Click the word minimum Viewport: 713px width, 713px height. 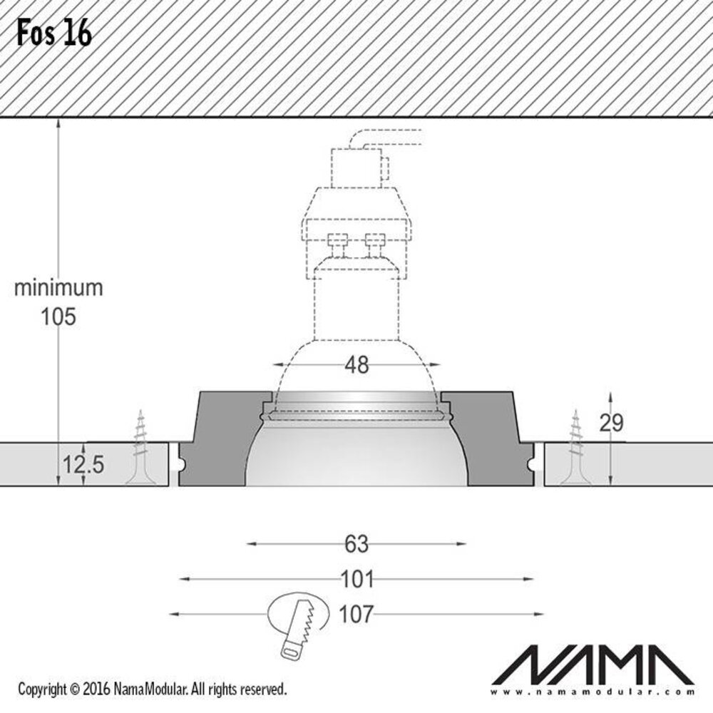point(59,288)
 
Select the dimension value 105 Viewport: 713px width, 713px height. point(58,317)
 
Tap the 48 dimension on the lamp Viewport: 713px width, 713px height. point(356,365)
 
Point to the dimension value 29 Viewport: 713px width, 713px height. point(611,423)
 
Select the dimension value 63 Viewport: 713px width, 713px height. point(356,544)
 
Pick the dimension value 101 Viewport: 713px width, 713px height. point(356,579)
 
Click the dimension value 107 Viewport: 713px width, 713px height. point(356,614)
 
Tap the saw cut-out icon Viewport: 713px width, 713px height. point(299,620)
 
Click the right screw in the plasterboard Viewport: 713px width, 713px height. point(575,449)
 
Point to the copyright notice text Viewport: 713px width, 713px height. point(152,689)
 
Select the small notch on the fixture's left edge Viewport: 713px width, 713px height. point(181,463)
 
